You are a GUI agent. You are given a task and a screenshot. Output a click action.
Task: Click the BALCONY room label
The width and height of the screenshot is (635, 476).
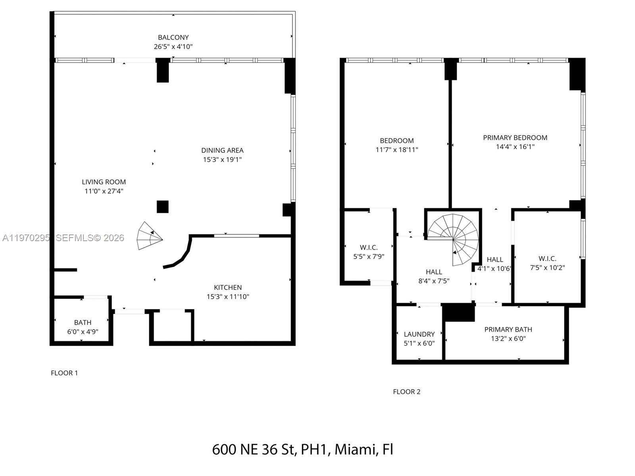pos(173,37)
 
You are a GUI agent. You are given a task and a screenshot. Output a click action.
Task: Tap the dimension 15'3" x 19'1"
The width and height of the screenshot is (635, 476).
pos(222,159)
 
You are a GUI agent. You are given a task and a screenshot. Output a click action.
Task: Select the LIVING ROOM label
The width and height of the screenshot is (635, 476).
pos(104,182)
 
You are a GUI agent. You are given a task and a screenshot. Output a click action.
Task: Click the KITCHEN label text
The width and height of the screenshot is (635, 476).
pos(228,288)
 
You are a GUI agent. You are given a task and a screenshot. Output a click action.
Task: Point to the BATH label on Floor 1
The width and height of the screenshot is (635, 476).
pos(83,322)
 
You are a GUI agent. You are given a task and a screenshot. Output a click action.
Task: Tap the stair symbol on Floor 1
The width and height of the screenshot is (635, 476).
pos(149,236)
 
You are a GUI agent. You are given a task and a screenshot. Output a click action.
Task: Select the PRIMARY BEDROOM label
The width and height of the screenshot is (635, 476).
pos(515,138)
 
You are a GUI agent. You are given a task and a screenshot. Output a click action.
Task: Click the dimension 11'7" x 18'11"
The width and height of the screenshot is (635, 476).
pos(396,150)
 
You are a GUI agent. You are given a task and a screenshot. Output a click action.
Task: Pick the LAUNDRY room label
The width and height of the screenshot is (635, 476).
pos(419,334)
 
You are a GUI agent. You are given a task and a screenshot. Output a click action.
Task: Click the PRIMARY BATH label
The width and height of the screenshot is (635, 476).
pos(508,330)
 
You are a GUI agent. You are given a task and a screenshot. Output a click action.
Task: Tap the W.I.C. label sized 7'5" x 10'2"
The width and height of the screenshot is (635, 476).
pos(547,259)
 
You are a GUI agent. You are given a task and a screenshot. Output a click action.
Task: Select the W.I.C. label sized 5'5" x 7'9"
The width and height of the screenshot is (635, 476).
pos(369,248)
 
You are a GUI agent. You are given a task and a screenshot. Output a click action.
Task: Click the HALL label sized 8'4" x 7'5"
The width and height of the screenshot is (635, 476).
pos(434,272)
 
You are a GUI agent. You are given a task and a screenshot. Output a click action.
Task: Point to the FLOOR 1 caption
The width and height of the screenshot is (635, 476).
pos(64,373)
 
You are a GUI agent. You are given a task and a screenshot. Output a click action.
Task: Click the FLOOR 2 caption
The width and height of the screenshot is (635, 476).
pos(406,392)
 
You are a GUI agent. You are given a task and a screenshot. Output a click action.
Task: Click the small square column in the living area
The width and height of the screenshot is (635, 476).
pos(162,207)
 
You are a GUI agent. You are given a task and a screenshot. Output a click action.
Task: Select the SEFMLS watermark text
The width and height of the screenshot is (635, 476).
pos(90,238)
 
